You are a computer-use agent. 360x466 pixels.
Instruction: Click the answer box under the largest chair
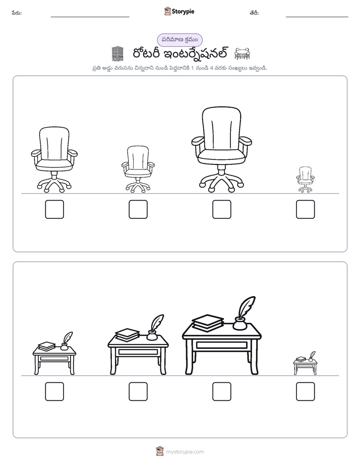click(221, 209)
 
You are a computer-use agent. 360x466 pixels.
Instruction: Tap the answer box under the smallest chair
click(306, 209)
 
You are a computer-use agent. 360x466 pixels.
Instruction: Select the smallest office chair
click(306, 180)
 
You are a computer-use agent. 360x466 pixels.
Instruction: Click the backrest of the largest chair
click(221, 129)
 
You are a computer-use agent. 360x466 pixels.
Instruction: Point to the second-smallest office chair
click(138, 169)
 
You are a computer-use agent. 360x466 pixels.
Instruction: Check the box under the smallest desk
click(306, 391)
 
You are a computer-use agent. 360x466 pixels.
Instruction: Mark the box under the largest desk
click(221, 391)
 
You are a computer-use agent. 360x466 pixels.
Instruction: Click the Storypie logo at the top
click(179, 12)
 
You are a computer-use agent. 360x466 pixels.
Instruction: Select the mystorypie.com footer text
click(185, 452)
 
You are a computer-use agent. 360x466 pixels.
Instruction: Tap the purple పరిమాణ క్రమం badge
click(179, 40)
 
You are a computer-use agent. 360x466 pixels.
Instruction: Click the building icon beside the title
click(117, 54)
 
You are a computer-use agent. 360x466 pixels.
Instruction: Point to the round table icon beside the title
click(243, 54)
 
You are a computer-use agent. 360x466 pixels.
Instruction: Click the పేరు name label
click(17, 13)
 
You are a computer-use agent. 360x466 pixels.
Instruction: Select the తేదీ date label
click(254, 13)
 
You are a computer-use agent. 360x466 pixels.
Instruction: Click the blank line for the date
click(317, 17)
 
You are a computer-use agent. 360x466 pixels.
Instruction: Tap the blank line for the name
click(90, 17)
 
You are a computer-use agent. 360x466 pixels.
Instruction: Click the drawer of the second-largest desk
click(138, 352)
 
